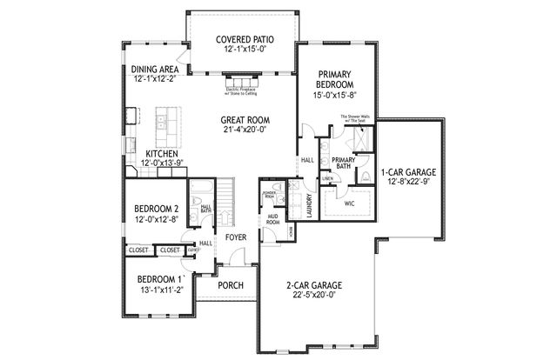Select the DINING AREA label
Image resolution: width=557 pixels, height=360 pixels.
point(156,70)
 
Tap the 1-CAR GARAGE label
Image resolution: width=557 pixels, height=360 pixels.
point(408,172)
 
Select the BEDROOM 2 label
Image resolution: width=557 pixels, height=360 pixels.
point(156,209)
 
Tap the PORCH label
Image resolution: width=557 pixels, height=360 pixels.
point(230,285)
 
